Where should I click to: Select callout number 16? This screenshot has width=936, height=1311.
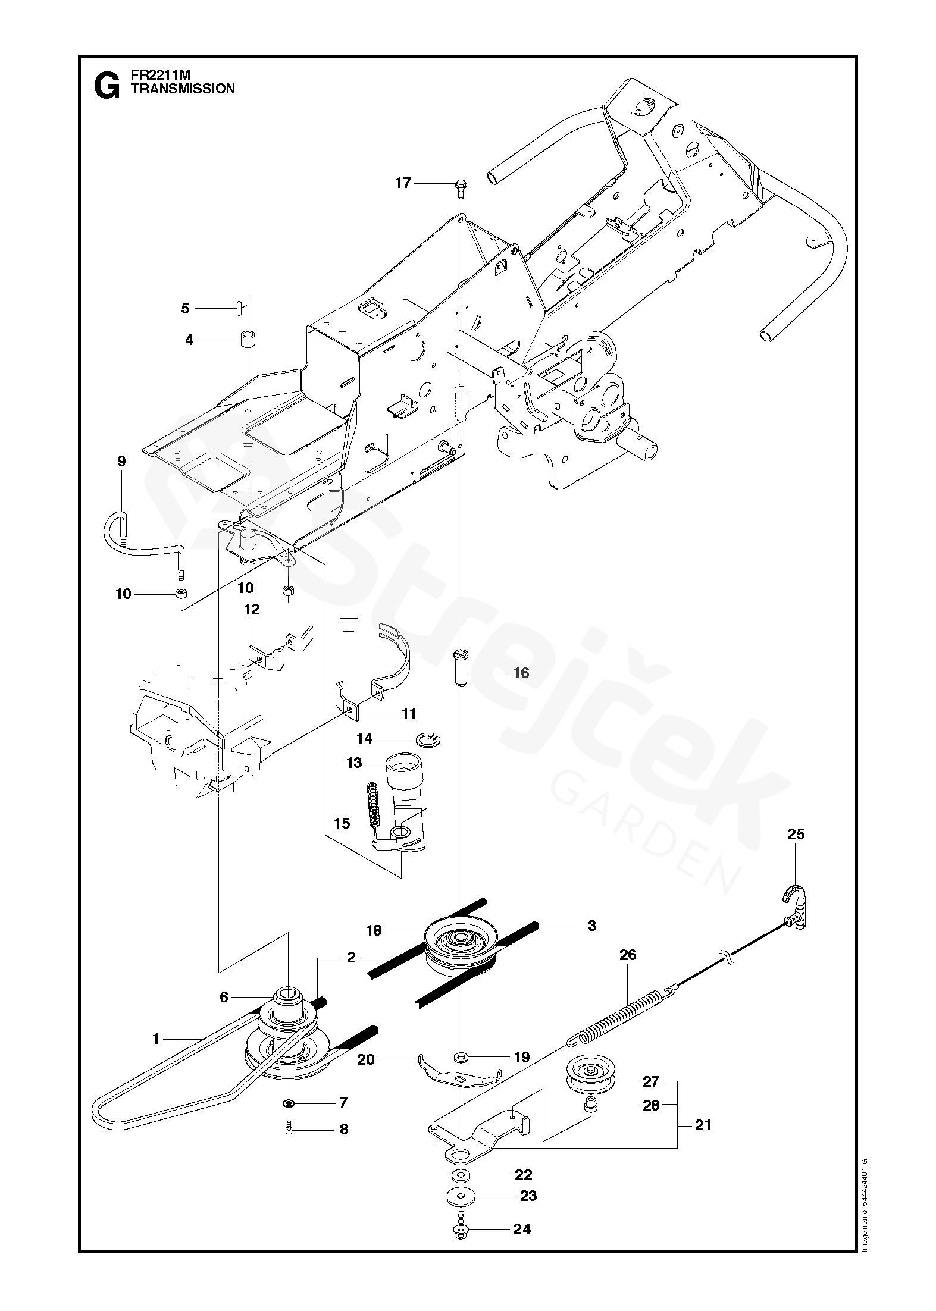click(521, 673)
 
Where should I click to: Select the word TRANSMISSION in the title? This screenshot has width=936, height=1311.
click(183, 89)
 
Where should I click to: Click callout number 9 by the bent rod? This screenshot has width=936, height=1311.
click(122, 461)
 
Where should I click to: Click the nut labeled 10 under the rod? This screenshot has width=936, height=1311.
click(179, 593)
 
